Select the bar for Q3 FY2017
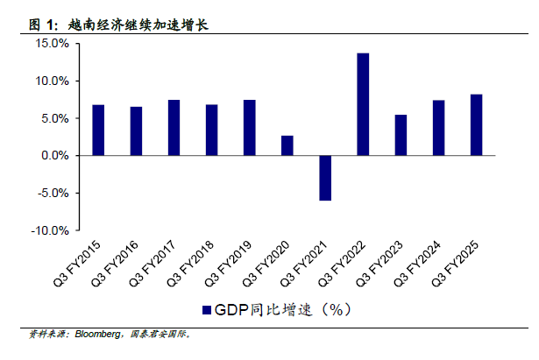point(174,128)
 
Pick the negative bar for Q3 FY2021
point(325,178)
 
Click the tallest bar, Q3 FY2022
point(363,104)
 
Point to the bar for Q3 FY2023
point(401,135)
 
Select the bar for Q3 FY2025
point(476,124)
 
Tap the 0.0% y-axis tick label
point(53,155)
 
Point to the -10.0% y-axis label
point(49,230)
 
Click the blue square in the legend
point(208,309)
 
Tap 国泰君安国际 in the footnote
point(159,334)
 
